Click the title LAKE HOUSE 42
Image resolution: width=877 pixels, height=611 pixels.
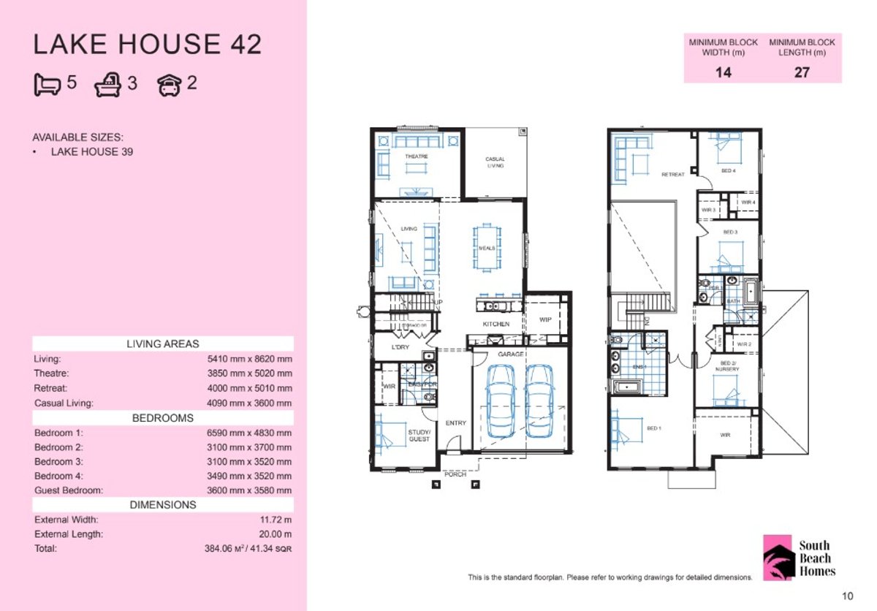click(147, 45)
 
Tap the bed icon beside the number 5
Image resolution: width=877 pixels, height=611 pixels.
click(48, 85)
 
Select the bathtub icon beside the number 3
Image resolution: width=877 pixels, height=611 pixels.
click(108, 86)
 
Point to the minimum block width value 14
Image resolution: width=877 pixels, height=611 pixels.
click(723, 72)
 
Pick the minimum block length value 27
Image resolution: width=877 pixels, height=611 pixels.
click(802, 72)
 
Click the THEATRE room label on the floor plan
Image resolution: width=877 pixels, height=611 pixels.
click(416, 156)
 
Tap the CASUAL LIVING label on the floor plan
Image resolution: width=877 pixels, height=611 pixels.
click(495, 162)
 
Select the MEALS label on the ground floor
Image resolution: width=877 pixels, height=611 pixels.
click(487, 248)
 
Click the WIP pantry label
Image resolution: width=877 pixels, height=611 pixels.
click(545, 319)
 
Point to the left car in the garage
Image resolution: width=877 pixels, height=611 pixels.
click(501, 401)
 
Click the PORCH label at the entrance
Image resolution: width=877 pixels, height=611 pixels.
click(455, 474)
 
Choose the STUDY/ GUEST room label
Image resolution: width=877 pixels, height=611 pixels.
click(419, 435)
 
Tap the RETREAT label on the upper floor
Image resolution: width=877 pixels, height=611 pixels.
click(672, 175)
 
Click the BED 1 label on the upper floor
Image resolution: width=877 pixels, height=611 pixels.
click(653, 428)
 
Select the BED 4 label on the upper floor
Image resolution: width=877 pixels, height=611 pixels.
click(728, 170)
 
